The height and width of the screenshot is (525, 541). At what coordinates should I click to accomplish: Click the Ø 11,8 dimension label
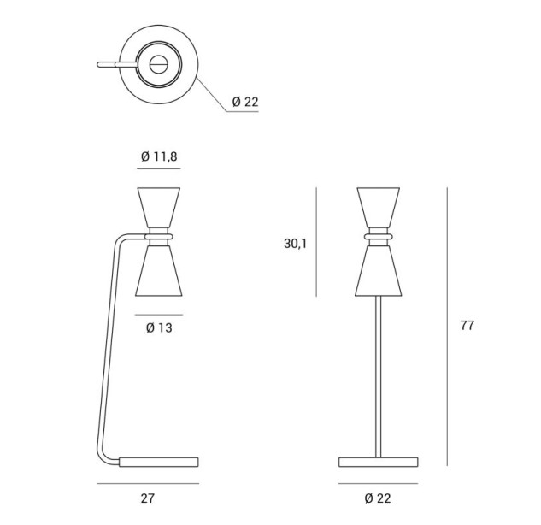click(x=159, y=156)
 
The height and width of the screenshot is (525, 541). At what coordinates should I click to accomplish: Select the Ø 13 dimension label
click(x=159, y=327)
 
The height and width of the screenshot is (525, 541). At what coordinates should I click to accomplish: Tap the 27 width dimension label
click(x=148, y=498)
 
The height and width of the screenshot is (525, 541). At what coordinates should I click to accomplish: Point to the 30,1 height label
click(x=295, y=244)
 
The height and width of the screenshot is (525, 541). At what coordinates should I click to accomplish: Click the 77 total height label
click(x=467, y=326)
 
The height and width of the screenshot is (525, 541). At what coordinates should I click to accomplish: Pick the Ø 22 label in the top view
click(x=245, y=102)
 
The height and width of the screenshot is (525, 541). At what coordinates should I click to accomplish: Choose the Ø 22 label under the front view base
click(x=378, y=498)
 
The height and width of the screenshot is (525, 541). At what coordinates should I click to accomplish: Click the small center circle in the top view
click(x=159, y=64)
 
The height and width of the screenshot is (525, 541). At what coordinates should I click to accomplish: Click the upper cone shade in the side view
click(x=159, y=208)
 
